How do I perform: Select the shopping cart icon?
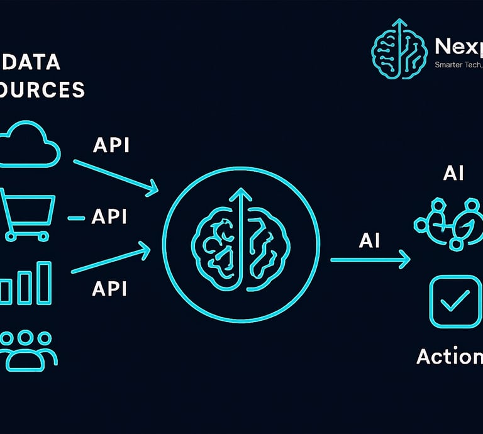[29, 214]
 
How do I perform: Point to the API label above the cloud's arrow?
[111, 145]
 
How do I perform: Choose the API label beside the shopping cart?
[109, 216]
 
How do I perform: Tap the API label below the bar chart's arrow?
[109, 289]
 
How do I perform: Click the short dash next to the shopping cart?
[75, 218]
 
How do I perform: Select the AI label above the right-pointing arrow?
[369, 240]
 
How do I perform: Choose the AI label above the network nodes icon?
[453, 173]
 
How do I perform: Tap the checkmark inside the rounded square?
[455, 302]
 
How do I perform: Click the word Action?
[449, 357]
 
